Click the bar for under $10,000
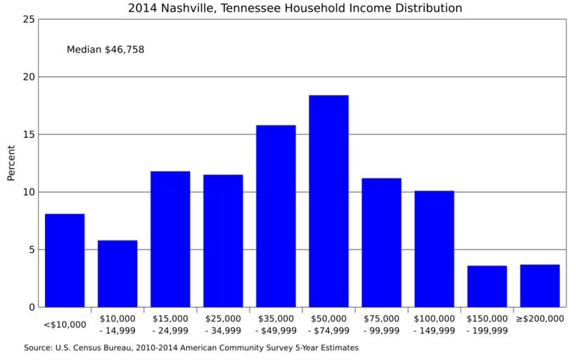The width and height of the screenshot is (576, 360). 65,260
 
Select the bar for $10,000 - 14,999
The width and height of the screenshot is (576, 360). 117,274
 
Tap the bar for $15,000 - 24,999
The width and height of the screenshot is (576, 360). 170,239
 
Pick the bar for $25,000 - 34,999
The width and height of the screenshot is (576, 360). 223,240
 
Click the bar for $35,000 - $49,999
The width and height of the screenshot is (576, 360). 276,216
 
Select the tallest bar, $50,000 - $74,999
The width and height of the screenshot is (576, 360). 328,201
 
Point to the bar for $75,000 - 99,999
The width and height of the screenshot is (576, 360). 381,243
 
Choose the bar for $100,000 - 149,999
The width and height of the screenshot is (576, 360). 434,249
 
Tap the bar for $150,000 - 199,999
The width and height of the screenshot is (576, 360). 487,286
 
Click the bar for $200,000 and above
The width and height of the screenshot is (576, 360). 539,285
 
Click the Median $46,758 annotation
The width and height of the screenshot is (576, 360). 105,50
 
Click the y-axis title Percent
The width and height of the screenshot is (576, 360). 11,163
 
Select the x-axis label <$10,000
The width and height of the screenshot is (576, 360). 65,325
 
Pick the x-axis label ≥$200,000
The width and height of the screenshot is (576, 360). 539,319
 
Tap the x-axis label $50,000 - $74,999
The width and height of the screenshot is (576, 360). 328,324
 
